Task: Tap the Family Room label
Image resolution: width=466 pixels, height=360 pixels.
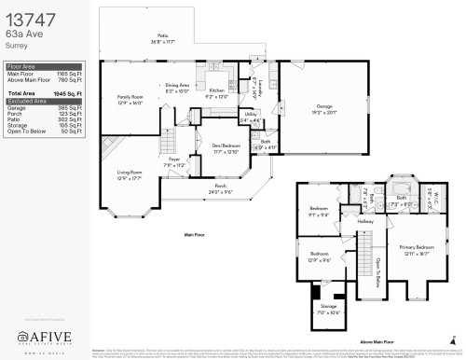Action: (x=130, y=97)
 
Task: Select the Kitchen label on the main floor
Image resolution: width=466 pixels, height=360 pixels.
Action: (x=215, y=90)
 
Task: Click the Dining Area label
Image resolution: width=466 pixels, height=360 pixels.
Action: (x=178, y=85)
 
